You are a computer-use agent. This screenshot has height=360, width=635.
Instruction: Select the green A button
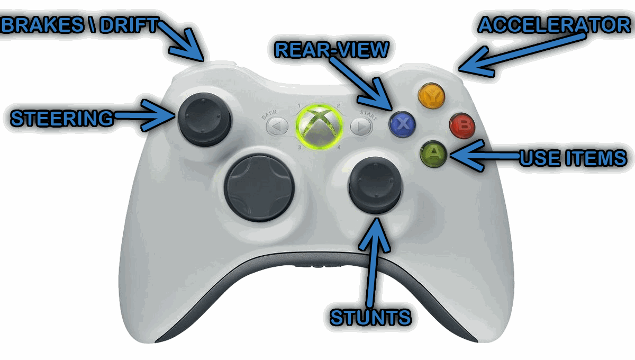pyautogui.click(x=433, y=154)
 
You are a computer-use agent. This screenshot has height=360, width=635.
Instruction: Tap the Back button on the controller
pyautogui.click(x=276, y=127)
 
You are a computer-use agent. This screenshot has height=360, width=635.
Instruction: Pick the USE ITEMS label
pyautogui.click(x=573, y=157)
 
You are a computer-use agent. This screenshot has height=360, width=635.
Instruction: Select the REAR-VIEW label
pyautogui.click(x=332, y=49)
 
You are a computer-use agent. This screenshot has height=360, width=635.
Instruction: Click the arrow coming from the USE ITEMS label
pyautogui.click(x=484, y=157)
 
